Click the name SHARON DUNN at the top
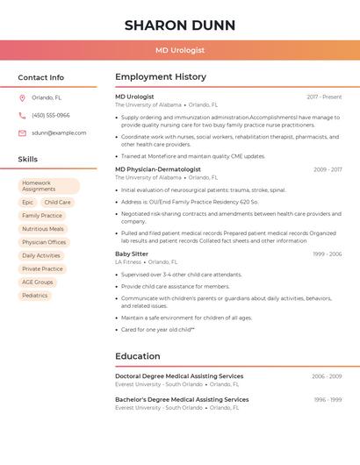180,25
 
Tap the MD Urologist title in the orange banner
180,51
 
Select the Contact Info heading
40,77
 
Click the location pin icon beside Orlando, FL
22,97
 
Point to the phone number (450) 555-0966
50,115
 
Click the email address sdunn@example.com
59,132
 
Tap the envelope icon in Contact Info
22,132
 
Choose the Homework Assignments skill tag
49,186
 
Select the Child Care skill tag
58,202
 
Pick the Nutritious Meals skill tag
43,229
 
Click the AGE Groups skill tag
38,282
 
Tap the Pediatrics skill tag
35,296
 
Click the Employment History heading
161,77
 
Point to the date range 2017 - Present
324,97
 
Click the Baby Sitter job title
133,254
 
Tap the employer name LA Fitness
128,261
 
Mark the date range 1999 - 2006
327,254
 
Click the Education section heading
138,356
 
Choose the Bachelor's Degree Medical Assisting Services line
182,399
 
